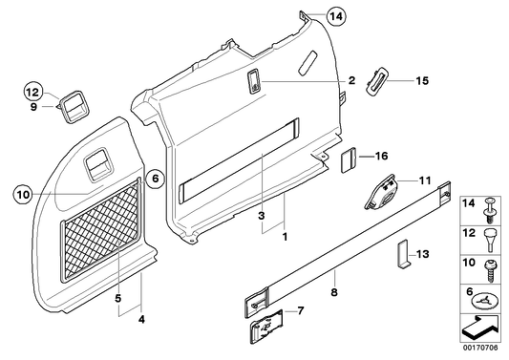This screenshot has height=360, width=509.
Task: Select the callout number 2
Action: tap(351, 81)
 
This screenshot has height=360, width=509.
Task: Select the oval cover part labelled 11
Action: tap(385, 194)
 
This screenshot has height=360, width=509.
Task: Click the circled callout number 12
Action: tap(32, 92)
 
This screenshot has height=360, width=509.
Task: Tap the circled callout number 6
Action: tap(157, 177)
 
